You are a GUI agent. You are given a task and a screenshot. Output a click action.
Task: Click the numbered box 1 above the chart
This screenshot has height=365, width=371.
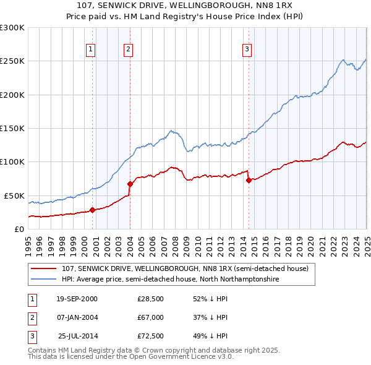pos(91,49)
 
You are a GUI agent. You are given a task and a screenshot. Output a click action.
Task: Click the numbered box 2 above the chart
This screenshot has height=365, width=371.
pos(128,49)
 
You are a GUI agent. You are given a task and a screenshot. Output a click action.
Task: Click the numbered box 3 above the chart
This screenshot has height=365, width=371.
pos(247,49)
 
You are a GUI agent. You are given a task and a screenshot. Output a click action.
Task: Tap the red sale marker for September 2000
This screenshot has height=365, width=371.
pos(93,210)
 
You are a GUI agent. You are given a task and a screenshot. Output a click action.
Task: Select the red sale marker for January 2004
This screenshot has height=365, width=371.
pos(130,184)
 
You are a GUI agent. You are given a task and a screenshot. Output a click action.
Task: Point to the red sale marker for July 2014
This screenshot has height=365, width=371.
pos(249,181)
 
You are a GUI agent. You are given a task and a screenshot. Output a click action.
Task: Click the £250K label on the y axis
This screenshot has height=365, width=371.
pos(12,61)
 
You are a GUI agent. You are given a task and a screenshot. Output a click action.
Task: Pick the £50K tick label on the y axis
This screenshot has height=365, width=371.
pos(15,195)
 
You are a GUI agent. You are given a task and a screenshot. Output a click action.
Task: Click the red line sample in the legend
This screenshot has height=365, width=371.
pos(45,269)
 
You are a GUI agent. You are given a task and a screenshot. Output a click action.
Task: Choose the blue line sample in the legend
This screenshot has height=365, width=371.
pos(45,280)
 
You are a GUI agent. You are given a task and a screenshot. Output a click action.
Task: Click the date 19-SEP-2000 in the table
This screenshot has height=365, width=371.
pos(77,299)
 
